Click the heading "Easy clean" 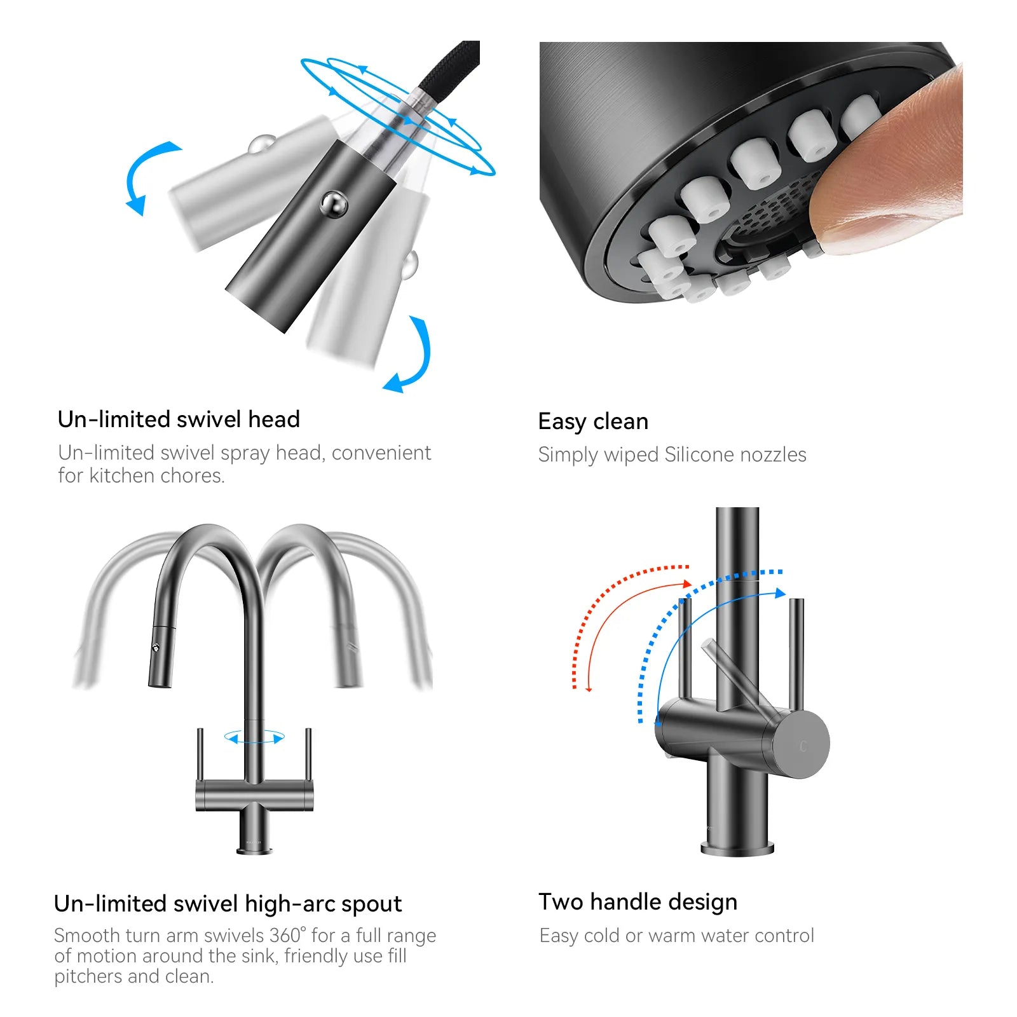[x=593, y=421]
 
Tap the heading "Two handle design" [x=638, y=902]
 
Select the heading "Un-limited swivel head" [x=179, y=420]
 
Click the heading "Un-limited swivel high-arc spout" [x=228, y=904]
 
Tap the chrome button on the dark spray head [x=334, y=205]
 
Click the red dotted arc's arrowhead [x=686, y=584]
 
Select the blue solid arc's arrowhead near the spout [x=781, y=593]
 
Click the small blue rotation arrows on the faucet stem [x=254, y=737]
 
